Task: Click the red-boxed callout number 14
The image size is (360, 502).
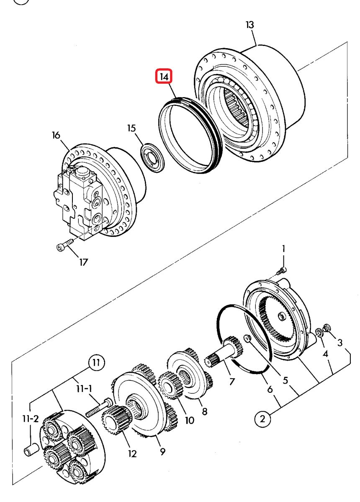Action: coord(164,77)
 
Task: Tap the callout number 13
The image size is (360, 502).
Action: coord(249,25)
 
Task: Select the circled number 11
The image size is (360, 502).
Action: coord(96,363)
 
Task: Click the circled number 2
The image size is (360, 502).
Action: coord(262,419)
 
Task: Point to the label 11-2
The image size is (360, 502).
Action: coord(31,418)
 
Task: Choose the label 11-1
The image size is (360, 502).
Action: coord(84,388)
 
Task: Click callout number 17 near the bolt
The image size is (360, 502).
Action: coord(83,262)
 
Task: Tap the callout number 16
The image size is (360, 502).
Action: coord(56,136)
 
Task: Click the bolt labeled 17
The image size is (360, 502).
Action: coord(64,245)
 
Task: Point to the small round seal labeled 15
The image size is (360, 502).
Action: coord(152,158)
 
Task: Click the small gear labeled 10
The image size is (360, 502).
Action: coord(170,385)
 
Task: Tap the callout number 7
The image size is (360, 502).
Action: coord(232,381)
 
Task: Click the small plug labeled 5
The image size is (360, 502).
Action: coord(247,338)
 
